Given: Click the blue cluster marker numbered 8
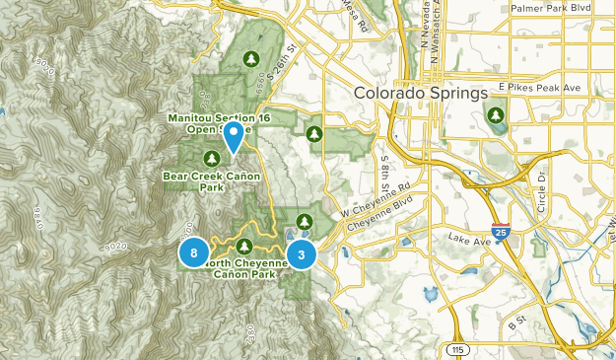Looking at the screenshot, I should (x=194, y=253).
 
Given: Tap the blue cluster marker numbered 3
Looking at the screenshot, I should (x=302, y=254).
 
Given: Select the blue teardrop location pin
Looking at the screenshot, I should (x=234, y=136).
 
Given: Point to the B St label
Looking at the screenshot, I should (x=516, y=322).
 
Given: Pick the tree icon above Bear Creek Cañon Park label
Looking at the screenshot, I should (x=211, y=158).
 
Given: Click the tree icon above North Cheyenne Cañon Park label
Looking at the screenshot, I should (x=244, y=245).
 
